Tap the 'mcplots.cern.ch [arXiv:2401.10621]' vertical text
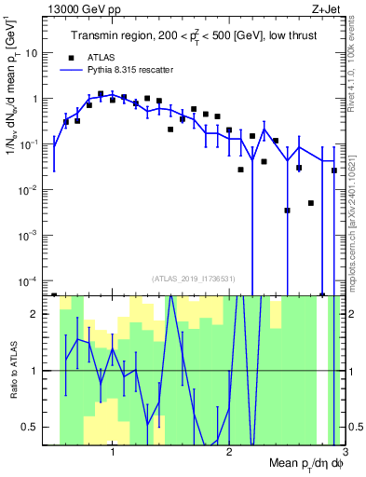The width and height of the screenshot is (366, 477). point(356,205)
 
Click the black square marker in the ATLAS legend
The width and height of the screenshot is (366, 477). point(71,55)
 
